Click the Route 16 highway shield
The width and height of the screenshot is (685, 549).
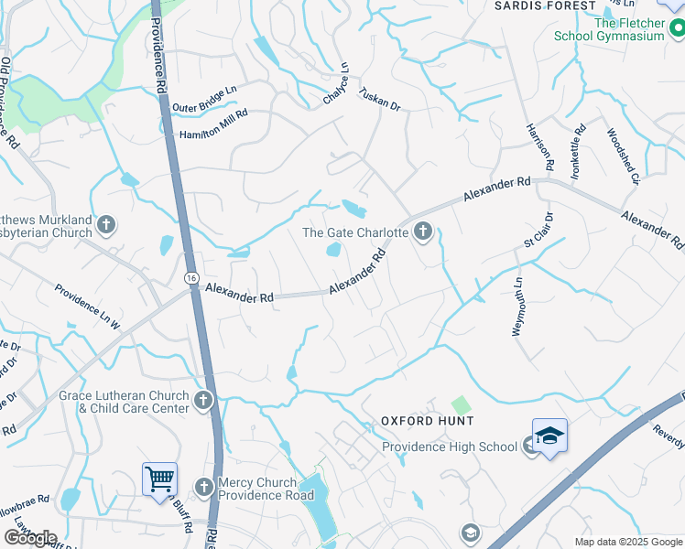click(x=191, y=277)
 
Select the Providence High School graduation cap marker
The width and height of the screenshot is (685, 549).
click(x=549, y=436)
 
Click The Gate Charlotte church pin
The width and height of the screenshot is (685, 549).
click(x=422, y=231)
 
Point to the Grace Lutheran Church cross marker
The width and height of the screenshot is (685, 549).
click(x=203, y=400)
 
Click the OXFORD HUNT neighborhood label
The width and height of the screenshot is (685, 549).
click(x=428, y=421)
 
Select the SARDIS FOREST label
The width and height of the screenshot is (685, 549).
click(x=544, y=5)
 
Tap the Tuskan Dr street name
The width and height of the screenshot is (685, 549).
click(x=380, y=100)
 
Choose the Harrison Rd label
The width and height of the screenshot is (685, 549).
click(x=540, y=147)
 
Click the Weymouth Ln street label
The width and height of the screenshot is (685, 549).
click(x=517, y=307)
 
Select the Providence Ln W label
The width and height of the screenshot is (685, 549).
click(x=87, y=307)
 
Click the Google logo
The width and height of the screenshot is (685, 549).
click(x=30, y=538)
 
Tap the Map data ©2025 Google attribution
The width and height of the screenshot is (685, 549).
click(x=628, y=542)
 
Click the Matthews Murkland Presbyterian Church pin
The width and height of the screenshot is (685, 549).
click(x=106, y=224)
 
